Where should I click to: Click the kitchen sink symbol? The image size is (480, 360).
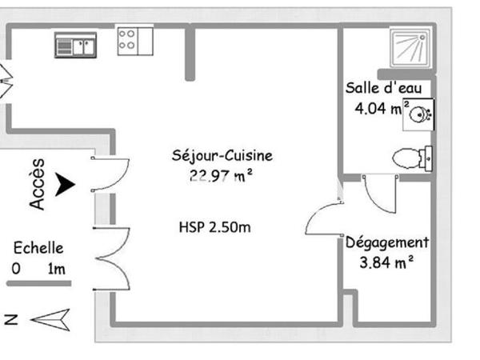(x=75, y=46)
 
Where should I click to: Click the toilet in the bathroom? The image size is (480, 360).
(x=412, y=158)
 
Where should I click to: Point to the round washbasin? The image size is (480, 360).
(x=419, y=114)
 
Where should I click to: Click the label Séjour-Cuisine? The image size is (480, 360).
(x=222, y=155)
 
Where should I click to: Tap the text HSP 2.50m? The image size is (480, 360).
(x=214, y=227)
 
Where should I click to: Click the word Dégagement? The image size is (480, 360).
(x=387, y=242)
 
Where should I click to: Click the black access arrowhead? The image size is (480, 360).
(x=65, y=186)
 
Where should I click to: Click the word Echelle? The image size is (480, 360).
(x=38, y=249)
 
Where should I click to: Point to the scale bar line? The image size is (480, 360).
(x=39, y=283)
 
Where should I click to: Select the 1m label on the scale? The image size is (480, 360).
(x=57, y=269)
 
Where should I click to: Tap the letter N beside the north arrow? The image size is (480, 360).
(x=11, y=320)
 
